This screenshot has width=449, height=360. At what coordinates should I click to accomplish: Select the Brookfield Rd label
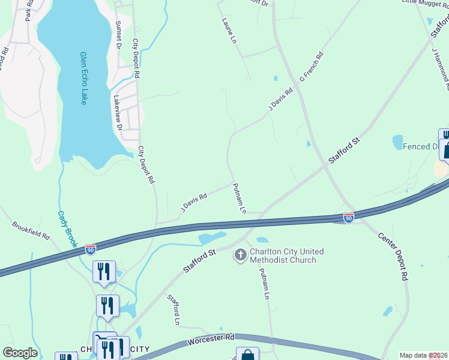31,230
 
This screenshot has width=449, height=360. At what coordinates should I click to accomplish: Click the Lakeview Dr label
118,113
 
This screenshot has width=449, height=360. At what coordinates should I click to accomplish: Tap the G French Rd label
312,67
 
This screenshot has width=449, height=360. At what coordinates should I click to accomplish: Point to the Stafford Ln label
173,310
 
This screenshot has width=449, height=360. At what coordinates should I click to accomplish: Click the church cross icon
240,255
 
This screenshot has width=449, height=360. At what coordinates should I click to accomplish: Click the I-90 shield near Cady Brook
90,248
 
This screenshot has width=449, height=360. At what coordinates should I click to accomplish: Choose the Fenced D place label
420,146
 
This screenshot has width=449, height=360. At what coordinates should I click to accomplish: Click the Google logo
20,352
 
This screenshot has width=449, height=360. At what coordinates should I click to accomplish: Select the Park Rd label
29,11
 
